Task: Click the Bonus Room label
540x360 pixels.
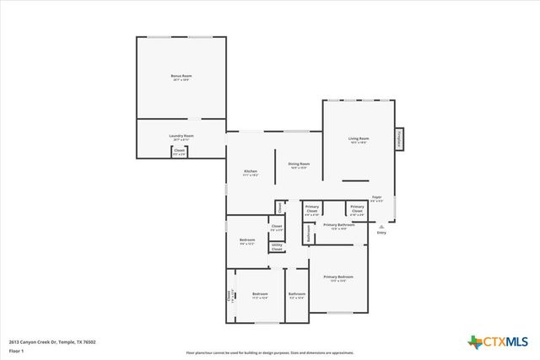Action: pyautogui.click(x=181, y=78)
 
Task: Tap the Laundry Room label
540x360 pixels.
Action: pyautogui.click(x=181, y=137)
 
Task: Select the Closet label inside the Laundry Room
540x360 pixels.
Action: pyautogui.click(x=179, y=152)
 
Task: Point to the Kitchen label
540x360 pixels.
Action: pyautogui.click(x=251, y=172)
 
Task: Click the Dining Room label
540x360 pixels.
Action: pyautogui.click(x=299, y=165)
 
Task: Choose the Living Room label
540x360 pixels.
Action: pyautogui.click(x=359, y=140)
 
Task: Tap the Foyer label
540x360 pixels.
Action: pyautogui.click(x=377, y=199)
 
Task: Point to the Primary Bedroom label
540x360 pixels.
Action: pyautogui.click(x=338, y=278)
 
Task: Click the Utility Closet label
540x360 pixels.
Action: pyautogui.click(x=277, y=246)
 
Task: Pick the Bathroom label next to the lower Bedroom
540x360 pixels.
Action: pyautogui.click(x=297, y=296)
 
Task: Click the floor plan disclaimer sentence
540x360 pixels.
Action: pyautogui.click(x=270, y=352)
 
